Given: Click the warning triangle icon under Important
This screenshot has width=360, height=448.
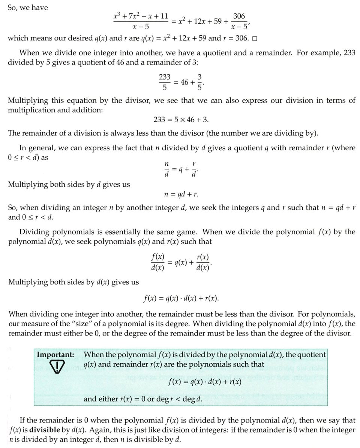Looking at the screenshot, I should pyautogui.click(x=56, y=367).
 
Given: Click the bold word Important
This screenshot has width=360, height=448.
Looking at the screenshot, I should pyautogui.click(x=55, y=355).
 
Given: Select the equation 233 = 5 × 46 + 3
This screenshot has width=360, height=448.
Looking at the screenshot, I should pyautogui.click(x=181, y=119).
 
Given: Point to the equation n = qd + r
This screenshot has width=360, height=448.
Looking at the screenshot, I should pyautogui.click(x=181, y=195).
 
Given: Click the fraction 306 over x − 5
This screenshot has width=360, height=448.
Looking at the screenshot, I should pyautogui.click(x=239, y=21).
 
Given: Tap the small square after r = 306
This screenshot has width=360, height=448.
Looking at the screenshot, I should pyautogui.click(x=255, y=39).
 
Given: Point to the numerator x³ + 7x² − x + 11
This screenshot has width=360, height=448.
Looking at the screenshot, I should pyautogui.click(x=141, y=16).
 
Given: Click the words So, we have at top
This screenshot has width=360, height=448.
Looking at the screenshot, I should pyautogui.click(x=28, y=7).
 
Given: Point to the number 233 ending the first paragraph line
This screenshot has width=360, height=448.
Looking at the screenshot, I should pyautogui.click(x=349, y=52).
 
